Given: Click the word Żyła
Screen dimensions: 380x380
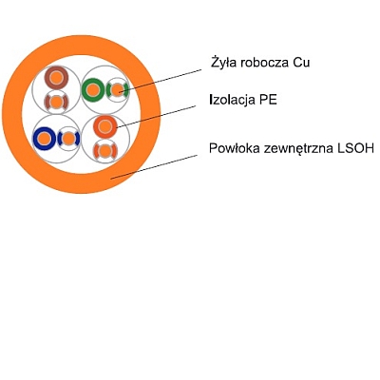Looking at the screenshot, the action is (223, 63).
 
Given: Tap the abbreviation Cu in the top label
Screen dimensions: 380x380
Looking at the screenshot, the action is (300, 63).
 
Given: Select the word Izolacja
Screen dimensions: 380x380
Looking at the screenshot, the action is (233, 100).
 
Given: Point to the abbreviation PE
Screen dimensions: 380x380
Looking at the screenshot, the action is (268, 100).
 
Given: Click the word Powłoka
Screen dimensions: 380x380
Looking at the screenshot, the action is (235, 148).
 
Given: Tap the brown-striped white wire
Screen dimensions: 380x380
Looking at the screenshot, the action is (56, 102).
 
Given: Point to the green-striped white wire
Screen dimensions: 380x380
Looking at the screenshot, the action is (117, 90).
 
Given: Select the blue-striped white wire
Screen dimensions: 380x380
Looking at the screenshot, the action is (68, 139).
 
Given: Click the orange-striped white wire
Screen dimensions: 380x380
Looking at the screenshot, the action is (105, 151).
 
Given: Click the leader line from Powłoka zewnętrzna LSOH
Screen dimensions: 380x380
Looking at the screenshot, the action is (154, 167).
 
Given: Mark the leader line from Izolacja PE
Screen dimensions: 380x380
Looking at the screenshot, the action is (156, 117).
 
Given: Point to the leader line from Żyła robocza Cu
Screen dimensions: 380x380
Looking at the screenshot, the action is (161, 81).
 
